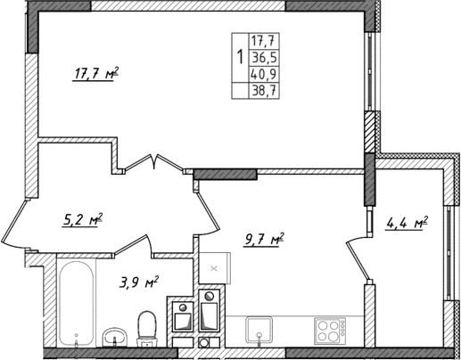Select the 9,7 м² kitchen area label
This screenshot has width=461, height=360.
[x=263, y=239]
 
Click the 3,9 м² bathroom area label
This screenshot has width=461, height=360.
[x=139, y=282]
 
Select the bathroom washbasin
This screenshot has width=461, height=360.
[x=113, y=338]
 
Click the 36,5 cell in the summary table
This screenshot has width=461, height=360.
[x=263, y=57]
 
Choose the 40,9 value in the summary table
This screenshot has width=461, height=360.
[x=263, y=74]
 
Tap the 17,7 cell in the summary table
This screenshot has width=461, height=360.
[x=263, y=40]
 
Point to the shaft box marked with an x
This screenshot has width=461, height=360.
[x=212, y=266]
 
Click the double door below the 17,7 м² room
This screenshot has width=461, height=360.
[x=154, y=165]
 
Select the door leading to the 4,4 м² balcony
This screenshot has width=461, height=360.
[x=357, y=250]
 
